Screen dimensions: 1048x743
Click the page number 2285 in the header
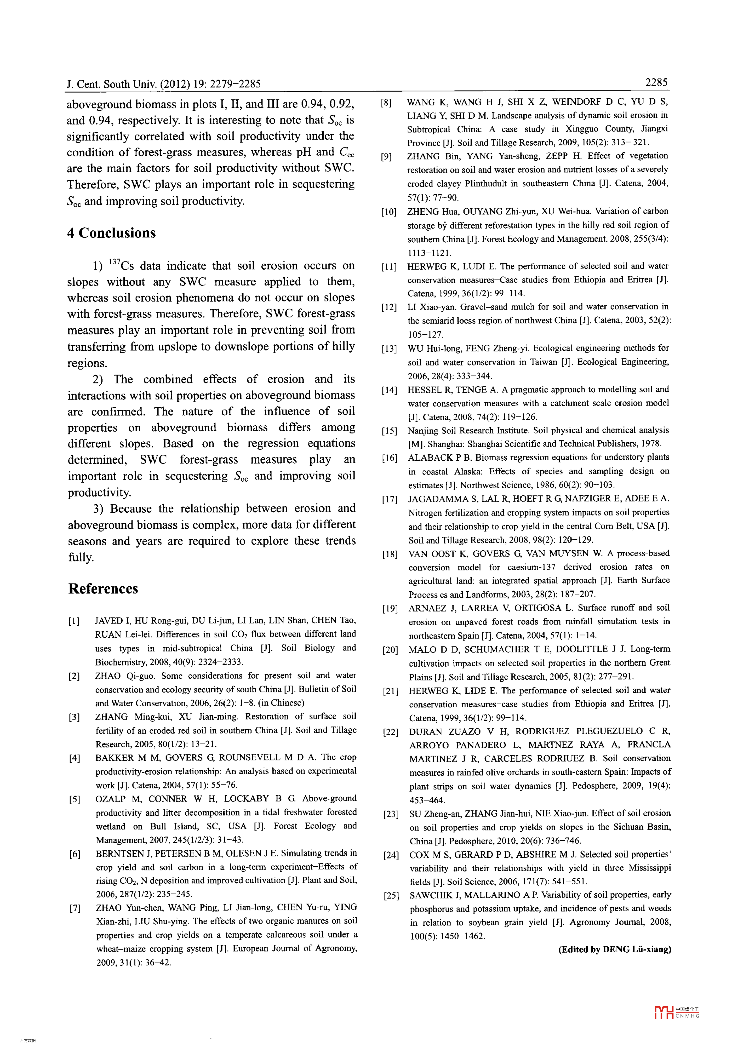656,82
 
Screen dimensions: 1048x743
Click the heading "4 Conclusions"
111,233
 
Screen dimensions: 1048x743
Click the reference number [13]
389,349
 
